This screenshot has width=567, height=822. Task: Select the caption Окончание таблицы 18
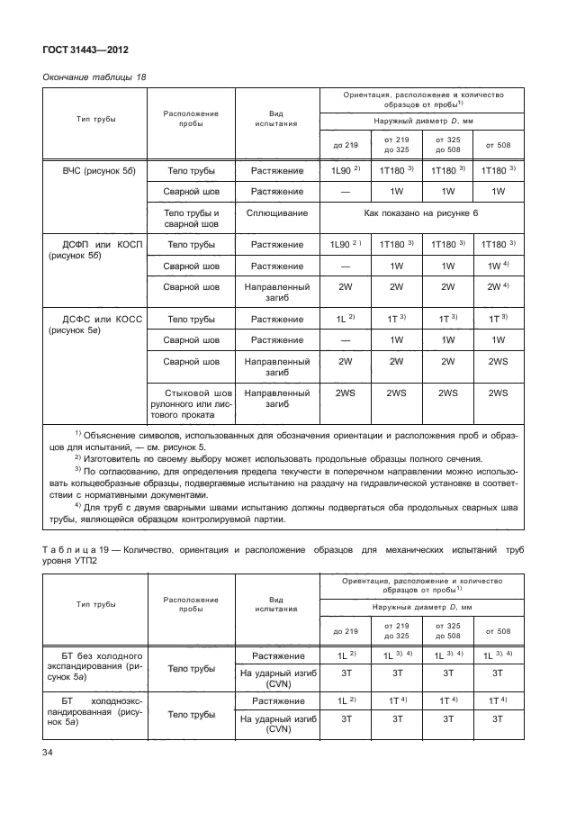tap(94, 77)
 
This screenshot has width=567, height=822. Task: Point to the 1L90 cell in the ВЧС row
tap(347, 169)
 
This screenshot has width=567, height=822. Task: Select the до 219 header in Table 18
tap(346, 144)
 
